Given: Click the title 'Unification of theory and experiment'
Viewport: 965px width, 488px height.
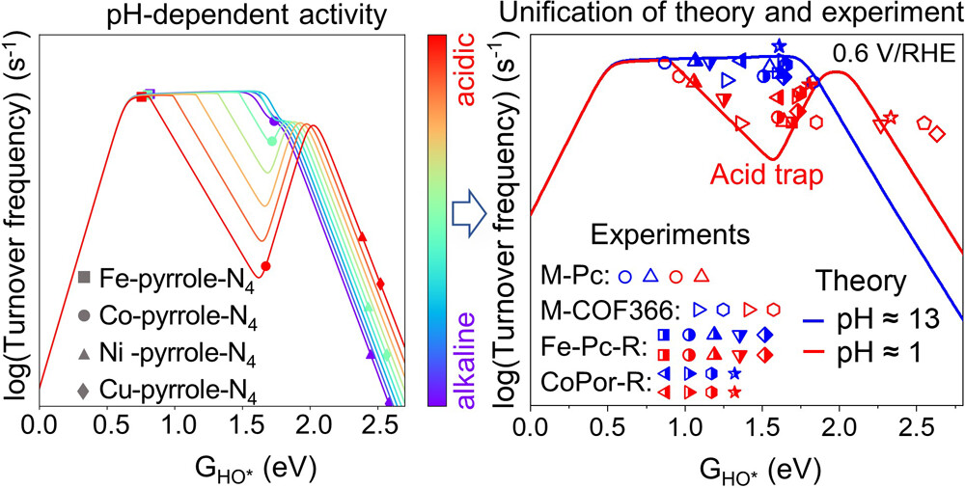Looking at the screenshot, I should (x=732, y=15).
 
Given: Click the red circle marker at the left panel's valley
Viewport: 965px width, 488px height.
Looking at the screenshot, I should (x=265, y=265).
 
